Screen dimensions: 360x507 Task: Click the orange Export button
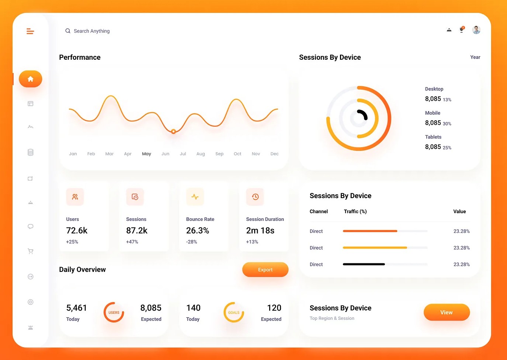265,270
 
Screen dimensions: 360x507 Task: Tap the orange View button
447,312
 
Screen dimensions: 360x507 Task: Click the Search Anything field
91,31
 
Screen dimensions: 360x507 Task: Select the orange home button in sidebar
31,79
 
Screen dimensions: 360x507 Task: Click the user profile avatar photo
476,30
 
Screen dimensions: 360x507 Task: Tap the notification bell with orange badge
462,30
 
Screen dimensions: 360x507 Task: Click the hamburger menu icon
30,31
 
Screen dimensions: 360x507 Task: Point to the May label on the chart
146,154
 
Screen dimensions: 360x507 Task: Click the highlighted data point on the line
173,131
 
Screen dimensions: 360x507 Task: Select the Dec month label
274,154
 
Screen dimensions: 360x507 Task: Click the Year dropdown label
475,57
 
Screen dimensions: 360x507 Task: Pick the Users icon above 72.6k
75,197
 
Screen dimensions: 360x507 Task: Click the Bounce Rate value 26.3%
198,231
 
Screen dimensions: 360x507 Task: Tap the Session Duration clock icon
255,197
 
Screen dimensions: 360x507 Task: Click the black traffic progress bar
364,264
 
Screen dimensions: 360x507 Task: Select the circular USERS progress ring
114,312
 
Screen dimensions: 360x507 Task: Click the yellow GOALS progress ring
233,312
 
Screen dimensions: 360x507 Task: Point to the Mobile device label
433,113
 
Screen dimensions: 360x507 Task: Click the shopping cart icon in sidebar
31,251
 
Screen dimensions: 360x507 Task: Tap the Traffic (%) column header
355,211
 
